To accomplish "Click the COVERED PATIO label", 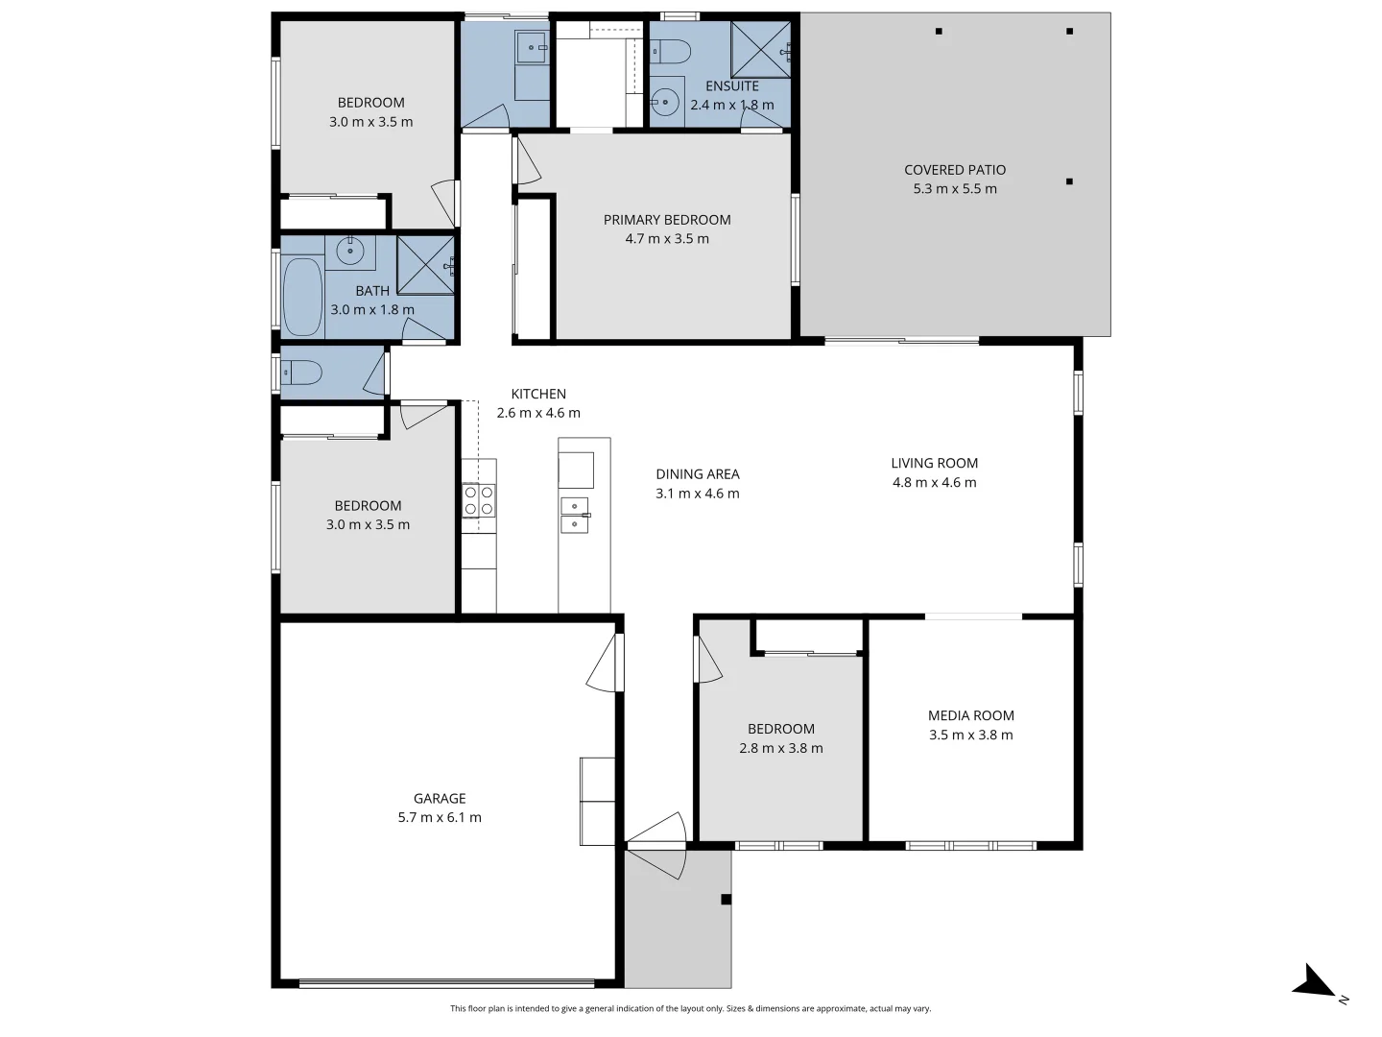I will pos(954,170).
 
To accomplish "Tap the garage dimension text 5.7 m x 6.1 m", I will pos(440,818).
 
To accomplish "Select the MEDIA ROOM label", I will pos(970,715).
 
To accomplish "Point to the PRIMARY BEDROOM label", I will pos(667,220).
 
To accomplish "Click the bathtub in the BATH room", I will pos(302,297).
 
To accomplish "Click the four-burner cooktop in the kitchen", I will pos(479,500).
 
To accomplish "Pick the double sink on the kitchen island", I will pos(575,515).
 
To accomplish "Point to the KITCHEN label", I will pos(538,394).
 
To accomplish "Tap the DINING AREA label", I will pos(698,474).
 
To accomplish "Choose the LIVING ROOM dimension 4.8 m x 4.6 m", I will pos(934,483).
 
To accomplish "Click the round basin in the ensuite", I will pos(664,99).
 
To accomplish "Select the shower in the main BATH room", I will pos(425,264).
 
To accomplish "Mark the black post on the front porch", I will pos(727,900).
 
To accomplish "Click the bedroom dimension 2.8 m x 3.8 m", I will pos(780,749).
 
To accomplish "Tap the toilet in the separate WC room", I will pos(301,372).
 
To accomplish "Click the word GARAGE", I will pos(440,798).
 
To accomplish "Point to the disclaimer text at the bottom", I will pos(690,1009).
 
